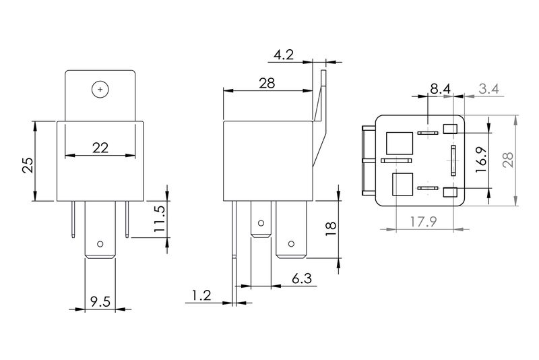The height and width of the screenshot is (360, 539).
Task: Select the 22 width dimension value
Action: tap(100, 148)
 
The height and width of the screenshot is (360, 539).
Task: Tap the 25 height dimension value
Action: tap(28, 164)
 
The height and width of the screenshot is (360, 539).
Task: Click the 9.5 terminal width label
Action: tap(100, 301)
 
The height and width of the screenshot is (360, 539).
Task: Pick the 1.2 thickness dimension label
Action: tap(201, 295)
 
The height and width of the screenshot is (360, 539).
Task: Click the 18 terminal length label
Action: tap(330, 229)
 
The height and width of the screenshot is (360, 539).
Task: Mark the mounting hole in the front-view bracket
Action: tap(100, 89)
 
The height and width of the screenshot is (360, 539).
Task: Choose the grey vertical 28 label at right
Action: tap(508, 160)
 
